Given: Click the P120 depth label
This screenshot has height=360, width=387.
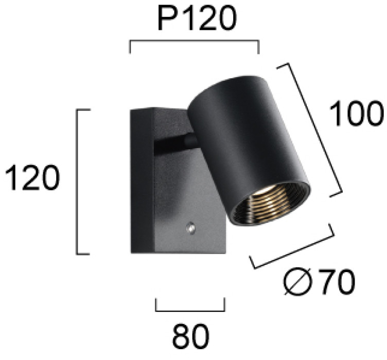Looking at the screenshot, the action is coord(197,18).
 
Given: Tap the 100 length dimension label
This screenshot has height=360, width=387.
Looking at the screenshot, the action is coord(357,114).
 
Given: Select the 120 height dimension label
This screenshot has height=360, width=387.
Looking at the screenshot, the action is coord(32,177).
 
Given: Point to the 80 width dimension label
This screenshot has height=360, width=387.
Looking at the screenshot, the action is coord(190,336).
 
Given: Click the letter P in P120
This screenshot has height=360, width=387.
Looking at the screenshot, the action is coord(168,18).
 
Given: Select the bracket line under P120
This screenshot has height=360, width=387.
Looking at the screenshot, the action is coord(194,40).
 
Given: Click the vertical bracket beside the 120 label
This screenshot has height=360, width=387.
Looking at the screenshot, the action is coord(78,182).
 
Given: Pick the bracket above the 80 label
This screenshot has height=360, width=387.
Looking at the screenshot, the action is coord(190,311).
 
